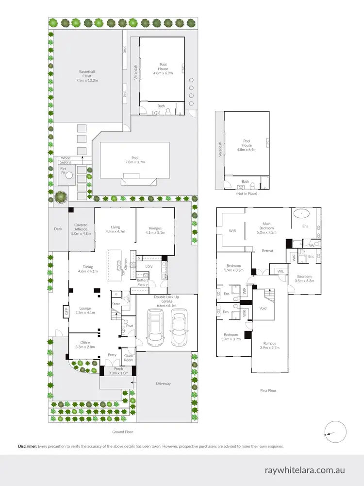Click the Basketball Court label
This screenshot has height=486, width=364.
pos(88,75)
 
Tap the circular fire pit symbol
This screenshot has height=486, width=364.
pos(69,175)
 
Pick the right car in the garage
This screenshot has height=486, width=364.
pos(179,329)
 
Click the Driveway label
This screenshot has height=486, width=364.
pos(164,383)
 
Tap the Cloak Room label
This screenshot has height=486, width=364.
pos(128,358)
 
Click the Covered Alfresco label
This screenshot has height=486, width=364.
pos(81,230)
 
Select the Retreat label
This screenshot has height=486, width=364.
pos(267,251)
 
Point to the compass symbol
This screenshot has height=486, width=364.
pos(334,432)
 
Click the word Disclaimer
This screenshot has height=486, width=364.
pos(27,446)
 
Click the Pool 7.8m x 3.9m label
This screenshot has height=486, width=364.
pos(135,159)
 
